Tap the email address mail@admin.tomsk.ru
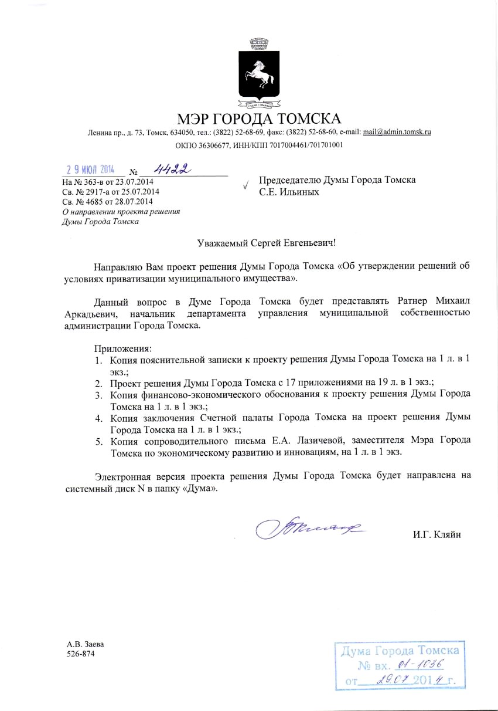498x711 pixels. pyautogui.click(x=397, y=132)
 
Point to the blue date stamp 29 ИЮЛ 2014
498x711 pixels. pyautogui.click(x=90, y=169)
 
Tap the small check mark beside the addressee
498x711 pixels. pyautogui.click(x=245, y=185)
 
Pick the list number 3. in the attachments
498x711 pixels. pyautogui.click(x=100, y=394)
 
